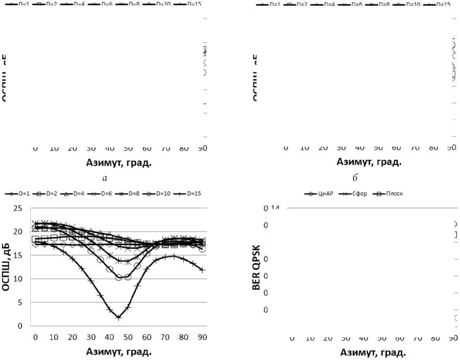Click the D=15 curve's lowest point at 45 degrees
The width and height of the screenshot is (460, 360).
(119, 318)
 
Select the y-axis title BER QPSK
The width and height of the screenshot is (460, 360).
(256, 268)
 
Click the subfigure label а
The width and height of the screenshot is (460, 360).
(105, 178)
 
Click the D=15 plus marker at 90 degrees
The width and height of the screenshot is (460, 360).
(202, 270)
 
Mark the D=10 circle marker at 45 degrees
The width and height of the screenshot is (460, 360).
(119, 277)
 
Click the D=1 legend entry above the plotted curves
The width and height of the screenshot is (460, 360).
(14, 194)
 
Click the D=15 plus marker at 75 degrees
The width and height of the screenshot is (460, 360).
(175, 256)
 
